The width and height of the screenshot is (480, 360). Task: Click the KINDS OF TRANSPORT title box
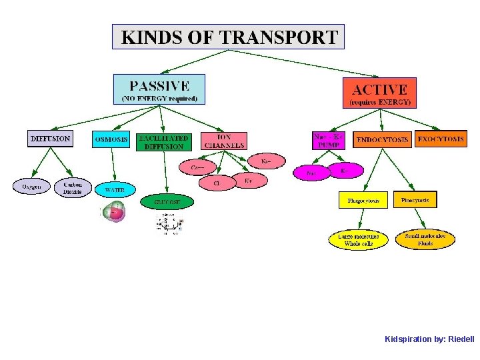click(228, 37)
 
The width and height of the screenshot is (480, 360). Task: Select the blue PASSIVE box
click(159, 89)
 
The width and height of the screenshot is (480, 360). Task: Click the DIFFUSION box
click(50, 139)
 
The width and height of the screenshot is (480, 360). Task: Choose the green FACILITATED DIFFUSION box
click(164, 142)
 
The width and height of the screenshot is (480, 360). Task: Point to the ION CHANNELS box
click(224, 141)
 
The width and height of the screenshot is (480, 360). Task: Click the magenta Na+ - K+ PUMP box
click(330, 139)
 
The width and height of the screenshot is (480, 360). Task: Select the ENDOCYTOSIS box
click(382, 140)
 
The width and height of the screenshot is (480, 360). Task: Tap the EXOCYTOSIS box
click(441, 139)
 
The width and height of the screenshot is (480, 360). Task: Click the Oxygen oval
click(31, 187)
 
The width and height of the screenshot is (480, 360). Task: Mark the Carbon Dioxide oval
click(72, 187)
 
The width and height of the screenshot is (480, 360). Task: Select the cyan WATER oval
click(114, 189)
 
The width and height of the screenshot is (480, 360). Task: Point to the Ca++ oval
click(198, 167)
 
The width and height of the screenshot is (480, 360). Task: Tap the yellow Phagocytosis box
click(363, 200)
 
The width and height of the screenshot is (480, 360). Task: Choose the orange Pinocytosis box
click(415, 199)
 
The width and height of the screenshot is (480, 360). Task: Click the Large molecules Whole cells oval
click(359, 240)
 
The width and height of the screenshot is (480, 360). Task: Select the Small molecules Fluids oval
click(425, 239)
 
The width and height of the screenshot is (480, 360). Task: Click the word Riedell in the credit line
click(461, 339)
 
